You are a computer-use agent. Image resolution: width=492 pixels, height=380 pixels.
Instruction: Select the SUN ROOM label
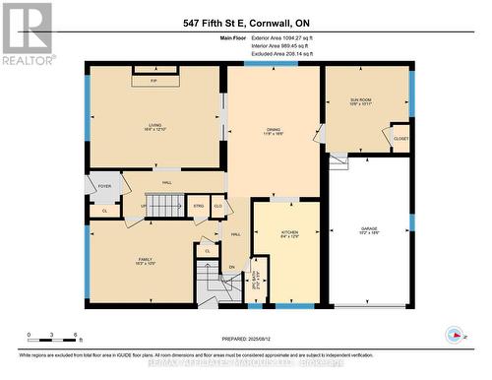pos(361,102)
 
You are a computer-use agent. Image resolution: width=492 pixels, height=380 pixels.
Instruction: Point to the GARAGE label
pos(368,230)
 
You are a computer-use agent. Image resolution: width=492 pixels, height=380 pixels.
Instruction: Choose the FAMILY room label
pos(145,261)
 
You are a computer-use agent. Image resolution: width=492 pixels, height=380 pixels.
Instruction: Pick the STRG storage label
pos(198,206)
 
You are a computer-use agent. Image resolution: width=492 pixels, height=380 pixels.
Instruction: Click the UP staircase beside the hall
pos(165,206)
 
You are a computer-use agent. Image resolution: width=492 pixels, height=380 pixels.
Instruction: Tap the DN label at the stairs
pos(232,268)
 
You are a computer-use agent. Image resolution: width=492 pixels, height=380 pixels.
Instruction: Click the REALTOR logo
pos(27,32)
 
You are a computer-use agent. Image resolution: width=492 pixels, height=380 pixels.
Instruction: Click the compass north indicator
pos(454,333)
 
